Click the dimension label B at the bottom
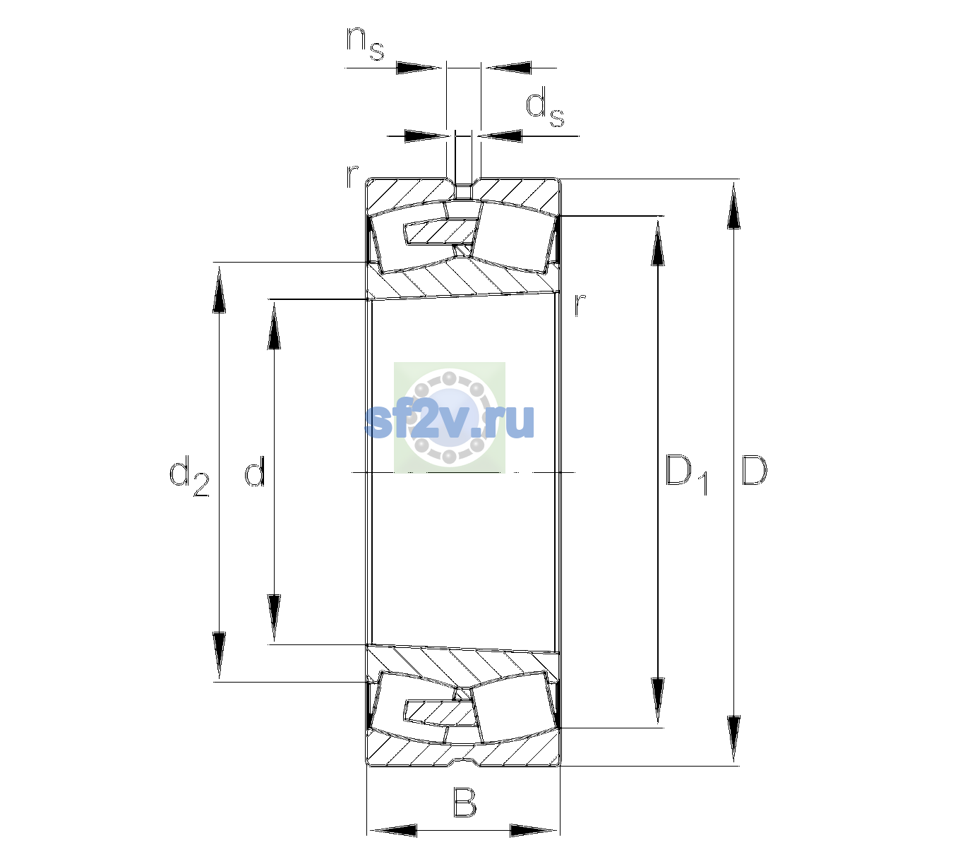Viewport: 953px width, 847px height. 464,803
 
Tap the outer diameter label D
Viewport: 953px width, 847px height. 754,470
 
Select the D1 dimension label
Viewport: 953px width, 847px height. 687,474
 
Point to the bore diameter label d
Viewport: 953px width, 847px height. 255,470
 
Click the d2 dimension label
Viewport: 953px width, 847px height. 189,476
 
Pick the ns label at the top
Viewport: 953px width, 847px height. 365,43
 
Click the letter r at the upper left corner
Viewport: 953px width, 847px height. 352,176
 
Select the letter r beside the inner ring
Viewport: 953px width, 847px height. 580,304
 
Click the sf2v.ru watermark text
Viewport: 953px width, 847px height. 450,421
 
